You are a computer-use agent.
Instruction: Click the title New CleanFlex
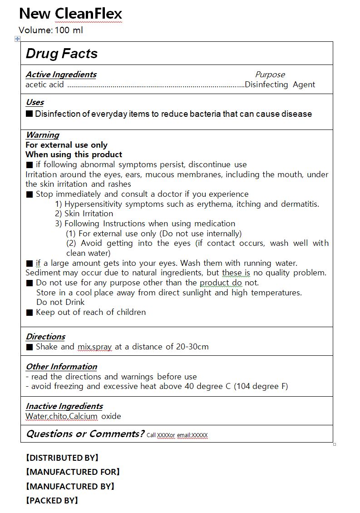(70, 14)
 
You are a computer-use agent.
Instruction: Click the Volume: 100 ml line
(51, 30)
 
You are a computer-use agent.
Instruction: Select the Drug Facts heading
(62, 54)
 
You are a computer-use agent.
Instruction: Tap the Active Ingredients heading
(61, 75)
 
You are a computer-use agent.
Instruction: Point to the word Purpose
(270, 75)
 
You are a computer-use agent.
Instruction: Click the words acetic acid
(44, 85)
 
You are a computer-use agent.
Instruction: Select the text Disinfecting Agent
(280, 85)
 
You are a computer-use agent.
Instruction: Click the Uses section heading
(35, 102)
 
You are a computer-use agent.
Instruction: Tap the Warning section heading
(42, 135)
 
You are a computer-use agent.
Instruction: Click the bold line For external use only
(66, 145)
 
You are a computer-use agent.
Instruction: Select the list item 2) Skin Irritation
(84, 214)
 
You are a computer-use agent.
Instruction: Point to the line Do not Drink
(60, 302)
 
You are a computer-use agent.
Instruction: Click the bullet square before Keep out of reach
(30, 313)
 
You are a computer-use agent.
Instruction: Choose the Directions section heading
(45, 337)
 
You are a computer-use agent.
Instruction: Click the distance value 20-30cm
(192, 347)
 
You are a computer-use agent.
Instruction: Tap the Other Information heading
(61, 367)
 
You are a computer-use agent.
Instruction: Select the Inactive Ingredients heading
(64, 406)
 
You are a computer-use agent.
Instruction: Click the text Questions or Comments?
(85, 433)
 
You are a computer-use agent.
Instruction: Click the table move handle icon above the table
(18, 39)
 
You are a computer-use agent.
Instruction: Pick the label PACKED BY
(52, 501)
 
